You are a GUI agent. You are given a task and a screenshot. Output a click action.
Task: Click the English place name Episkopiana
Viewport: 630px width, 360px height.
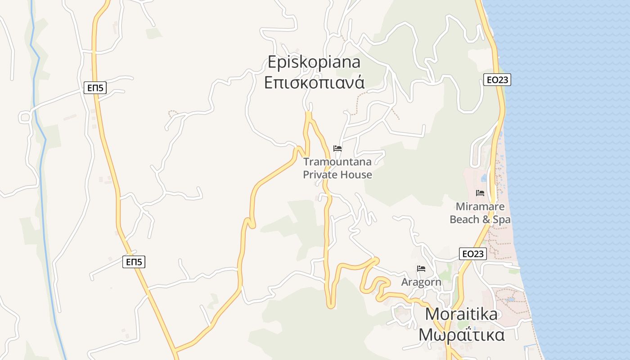coord(314,62)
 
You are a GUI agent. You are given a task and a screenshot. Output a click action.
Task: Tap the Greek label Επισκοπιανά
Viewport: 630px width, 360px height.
coord(314,83)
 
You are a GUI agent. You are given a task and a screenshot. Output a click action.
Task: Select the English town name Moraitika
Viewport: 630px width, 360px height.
coord(461,314)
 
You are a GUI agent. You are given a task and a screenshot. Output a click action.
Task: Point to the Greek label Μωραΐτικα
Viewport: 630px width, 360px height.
coord(461,335)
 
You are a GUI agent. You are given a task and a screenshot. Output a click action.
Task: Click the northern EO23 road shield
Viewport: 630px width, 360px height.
coord(497,80)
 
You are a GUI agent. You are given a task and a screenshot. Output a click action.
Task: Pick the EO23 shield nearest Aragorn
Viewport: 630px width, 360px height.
coord(473,254)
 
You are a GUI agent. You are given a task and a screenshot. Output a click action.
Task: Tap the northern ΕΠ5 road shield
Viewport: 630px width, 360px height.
coord(95,88)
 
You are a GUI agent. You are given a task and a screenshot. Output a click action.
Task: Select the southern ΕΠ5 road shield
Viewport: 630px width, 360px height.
coord(134,262)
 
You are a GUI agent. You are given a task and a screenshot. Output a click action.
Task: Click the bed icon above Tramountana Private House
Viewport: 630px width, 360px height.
coord(337,148)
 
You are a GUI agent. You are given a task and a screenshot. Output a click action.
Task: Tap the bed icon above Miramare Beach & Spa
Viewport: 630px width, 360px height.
coord(480,193)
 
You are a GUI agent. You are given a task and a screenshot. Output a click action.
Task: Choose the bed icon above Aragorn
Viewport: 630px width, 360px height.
coord(421,269)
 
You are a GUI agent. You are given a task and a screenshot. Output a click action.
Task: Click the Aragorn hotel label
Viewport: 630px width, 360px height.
coord(421,282)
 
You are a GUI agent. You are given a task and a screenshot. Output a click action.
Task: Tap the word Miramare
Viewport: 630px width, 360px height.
coord(480,207)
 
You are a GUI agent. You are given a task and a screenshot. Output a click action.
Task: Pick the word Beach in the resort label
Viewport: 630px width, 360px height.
coord(464,220)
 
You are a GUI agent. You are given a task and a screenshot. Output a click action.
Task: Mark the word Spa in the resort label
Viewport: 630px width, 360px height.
coord(501,220)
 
